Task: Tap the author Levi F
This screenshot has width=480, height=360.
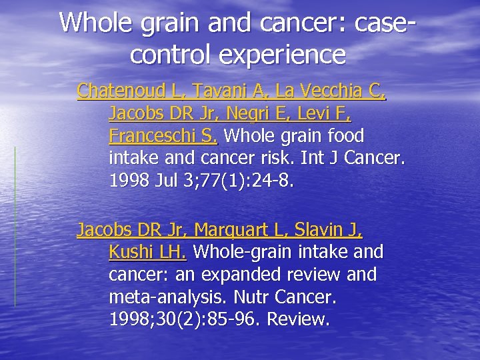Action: tap(330, 113)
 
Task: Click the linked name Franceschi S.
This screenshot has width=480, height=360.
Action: tap(163, 137)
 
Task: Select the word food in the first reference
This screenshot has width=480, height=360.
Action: tap(344, 137)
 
